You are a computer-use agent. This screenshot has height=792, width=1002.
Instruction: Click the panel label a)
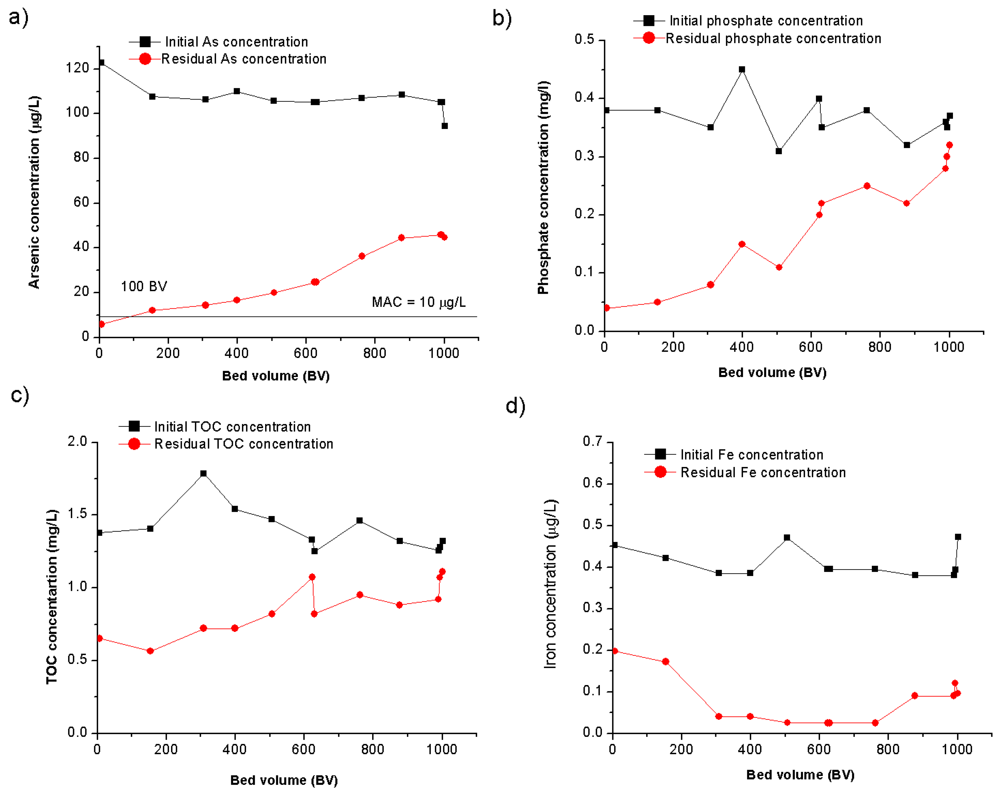18,18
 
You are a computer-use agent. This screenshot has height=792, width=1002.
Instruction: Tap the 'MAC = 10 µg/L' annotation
419,302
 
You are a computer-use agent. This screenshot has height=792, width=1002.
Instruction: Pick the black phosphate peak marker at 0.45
742,70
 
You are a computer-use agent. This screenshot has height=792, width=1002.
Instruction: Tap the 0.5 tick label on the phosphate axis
584,40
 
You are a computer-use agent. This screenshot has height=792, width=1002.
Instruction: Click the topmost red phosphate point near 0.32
949,145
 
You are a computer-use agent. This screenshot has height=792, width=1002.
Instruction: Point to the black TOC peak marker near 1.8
203,474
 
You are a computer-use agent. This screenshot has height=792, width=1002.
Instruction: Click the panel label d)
515,406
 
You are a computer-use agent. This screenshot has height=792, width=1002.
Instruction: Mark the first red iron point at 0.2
615,651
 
